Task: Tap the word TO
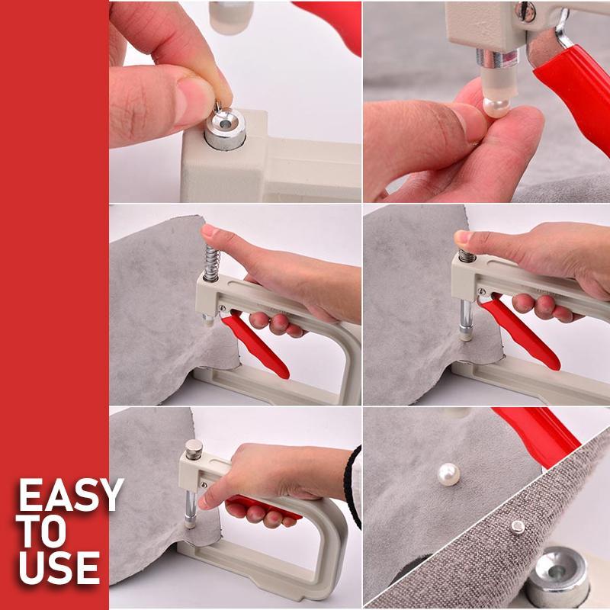pos(45,532)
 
